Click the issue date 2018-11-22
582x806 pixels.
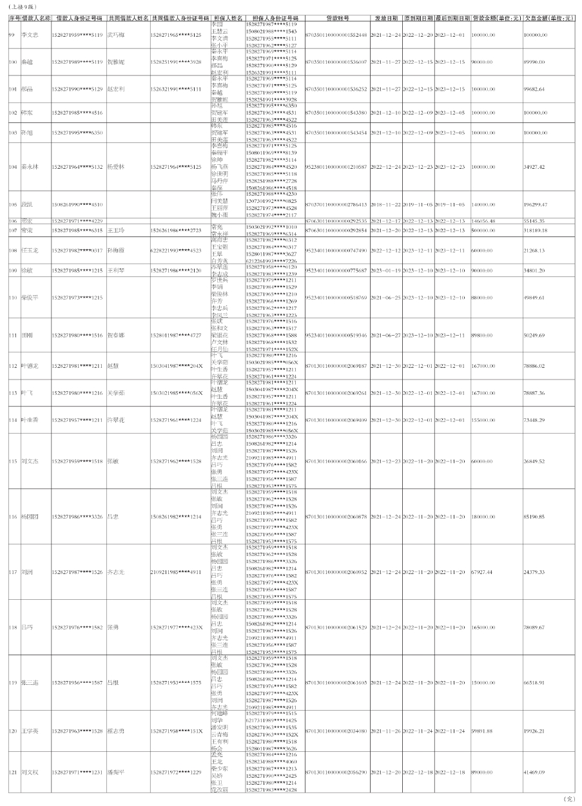point(385,204)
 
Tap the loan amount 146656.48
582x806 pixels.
point(484,221)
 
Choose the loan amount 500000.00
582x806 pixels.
point(484,230)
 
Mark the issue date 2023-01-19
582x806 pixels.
point(385,271)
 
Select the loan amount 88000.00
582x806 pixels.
point(483,298)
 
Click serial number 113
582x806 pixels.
point(13,392)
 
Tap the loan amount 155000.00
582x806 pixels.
point(484,420)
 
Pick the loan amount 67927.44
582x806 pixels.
point(482,571)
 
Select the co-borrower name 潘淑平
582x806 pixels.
point(116,772)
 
